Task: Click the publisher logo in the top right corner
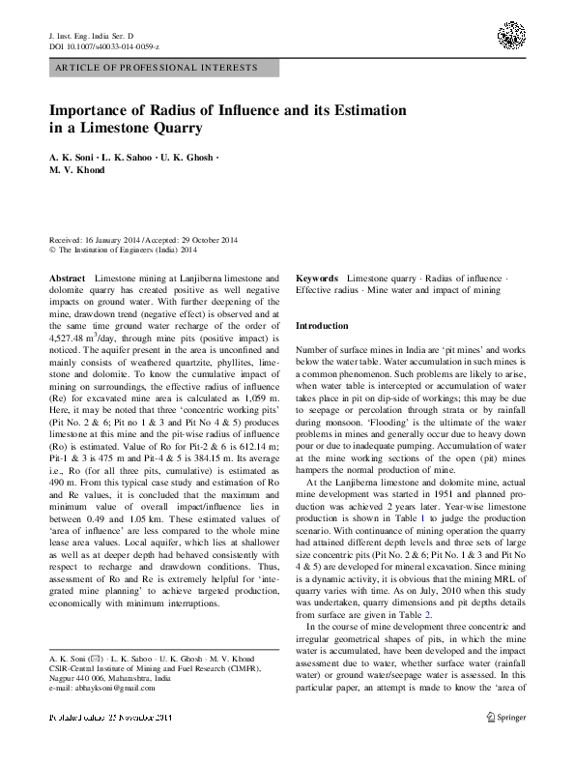pos(512,37)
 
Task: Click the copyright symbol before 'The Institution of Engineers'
pos(51,248)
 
